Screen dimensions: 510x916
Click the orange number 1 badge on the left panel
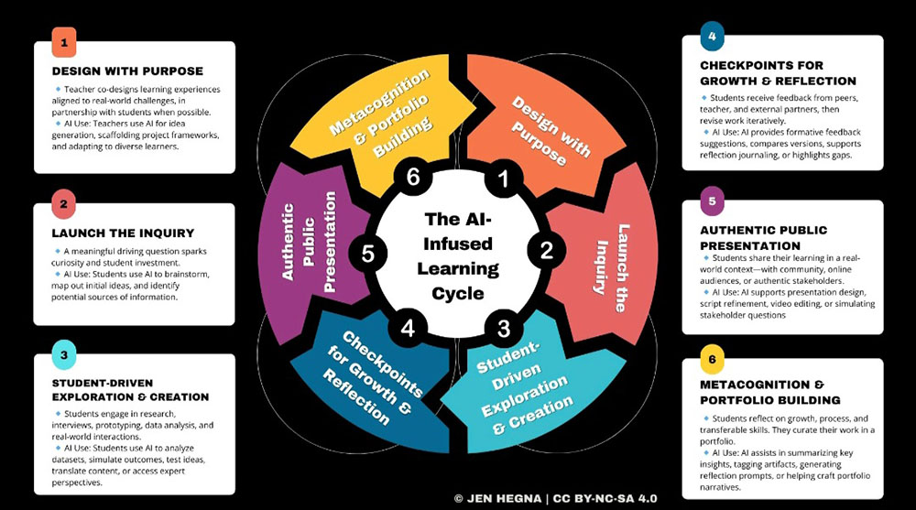coord(63,41)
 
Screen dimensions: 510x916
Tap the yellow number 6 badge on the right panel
coord(711,357)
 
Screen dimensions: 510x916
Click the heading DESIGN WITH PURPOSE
coord(127,71)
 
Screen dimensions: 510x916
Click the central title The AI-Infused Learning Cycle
coord(458,256)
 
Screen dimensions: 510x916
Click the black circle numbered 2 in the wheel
coord(546,247)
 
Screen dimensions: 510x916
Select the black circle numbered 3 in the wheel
coord(502,326)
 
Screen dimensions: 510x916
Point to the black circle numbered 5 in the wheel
coord(368,254)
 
